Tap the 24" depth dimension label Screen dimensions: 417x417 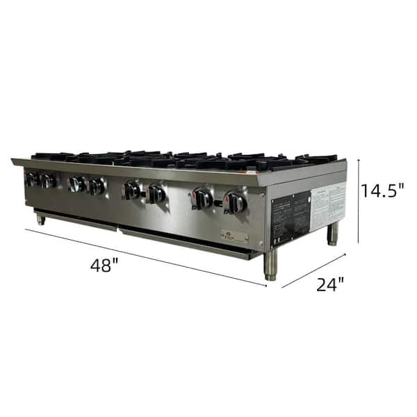coord(329,284)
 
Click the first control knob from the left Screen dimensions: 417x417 coord(31,179)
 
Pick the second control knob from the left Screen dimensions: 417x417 coord(48,181)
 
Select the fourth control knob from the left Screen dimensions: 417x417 coord(97,187)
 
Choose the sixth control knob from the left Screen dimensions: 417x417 coord(156,195)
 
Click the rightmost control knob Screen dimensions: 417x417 coord(235,203)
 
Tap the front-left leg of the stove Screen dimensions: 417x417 coord(41,219)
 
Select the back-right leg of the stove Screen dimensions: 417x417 coord(333,234)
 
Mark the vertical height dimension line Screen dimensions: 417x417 coord(359,202)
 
